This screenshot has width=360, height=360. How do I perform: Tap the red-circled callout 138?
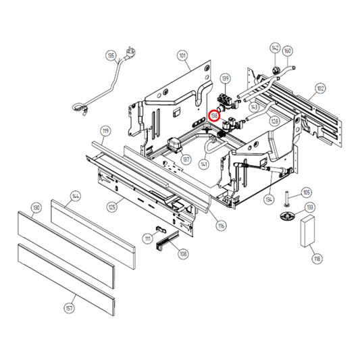(214, 115)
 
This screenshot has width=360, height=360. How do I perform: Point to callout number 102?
(319, 87)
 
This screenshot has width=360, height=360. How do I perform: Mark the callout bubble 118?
(315, 258)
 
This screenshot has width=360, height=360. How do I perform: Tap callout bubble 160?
(288, 50)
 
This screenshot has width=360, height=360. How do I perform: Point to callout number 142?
(275, 48)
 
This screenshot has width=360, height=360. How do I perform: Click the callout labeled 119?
(105, 130)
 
